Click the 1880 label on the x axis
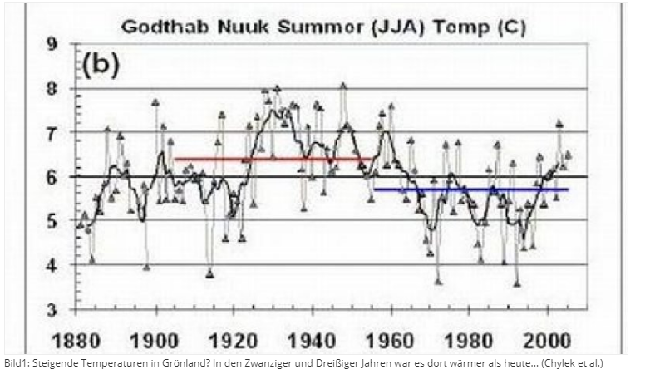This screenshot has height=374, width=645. click(x=77, y=340)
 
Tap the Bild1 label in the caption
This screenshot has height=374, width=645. click(x=15, y=364)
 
